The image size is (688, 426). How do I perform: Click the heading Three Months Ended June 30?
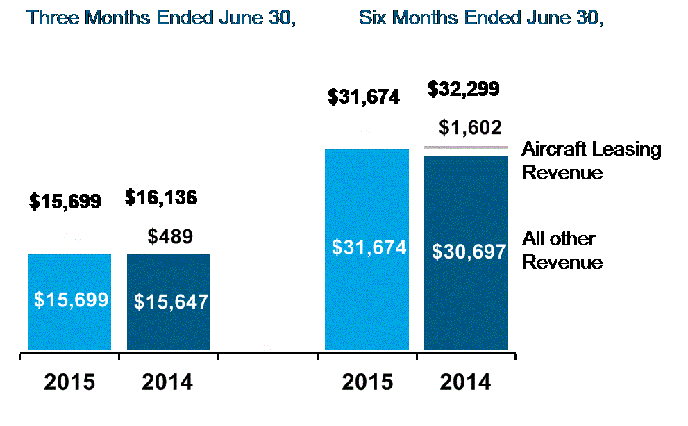click(162, 18)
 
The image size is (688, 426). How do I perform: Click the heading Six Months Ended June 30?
click(480, 18)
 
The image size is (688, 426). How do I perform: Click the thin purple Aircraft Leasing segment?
click(466, 147)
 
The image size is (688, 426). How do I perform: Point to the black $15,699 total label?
click(65, 202)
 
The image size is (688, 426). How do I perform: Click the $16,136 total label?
click(161, 198)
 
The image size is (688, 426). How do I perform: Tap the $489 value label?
click(170, 236)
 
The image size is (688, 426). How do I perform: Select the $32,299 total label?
click(463, 89)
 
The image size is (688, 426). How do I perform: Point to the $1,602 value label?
click(470, 127)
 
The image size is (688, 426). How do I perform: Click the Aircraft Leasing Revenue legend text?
click(591, 161)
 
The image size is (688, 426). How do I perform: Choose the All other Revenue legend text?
click(561, 251)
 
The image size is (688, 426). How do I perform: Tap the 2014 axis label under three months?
click(167, 382)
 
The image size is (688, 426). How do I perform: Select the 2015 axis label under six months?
click(367, 382)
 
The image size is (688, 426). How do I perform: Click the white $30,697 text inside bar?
click(469, 252)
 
